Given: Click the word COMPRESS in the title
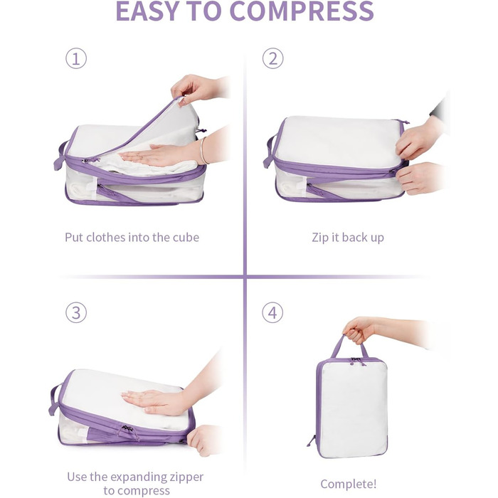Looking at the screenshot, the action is (302, 11).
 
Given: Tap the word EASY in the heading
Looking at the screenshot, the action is (149, 11).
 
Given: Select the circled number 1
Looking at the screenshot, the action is (76, 58).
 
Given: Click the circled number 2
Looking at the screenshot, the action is (272, 58).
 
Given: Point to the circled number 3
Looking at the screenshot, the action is (76, 312).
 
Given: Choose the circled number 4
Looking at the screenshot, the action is (272, 312).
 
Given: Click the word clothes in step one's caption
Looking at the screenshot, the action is (105, 237).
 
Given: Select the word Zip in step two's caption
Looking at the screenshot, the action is (320, 238).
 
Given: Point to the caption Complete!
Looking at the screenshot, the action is (349, 484).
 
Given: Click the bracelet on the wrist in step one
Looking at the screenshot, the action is (203, 151).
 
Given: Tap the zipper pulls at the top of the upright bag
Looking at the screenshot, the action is (356, 361).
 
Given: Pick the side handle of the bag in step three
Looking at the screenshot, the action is (55, 400).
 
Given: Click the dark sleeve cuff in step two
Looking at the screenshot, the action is (439, 108).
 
